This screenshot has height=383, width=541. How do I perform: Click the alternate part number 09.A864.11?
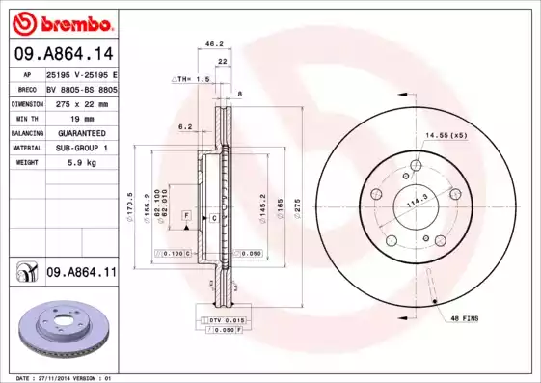point(81,273)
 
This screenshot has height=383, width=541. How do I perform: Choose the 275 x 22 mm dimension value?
point(81,102)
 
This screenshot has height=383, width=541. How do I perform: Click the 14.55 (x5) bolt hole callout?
point(446,135)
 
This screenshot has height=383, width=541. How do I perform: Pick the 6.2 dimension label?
point(185,126)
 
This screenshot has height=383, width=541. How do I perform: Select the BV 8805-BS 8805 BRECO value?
point(81,88)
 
